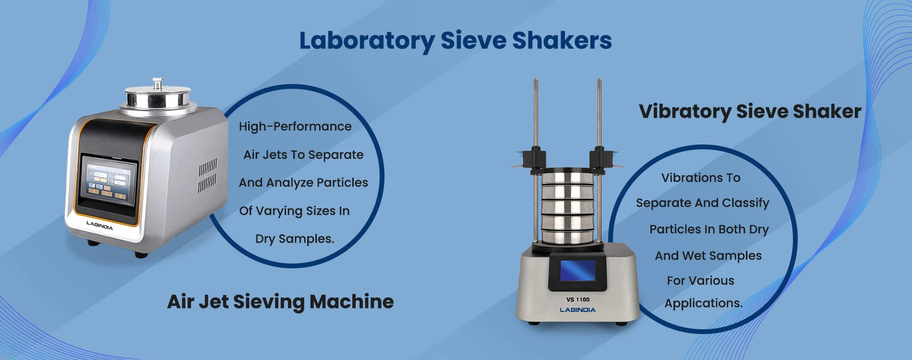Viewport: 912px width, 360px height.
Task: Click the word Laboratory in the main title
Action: click(x=367, y=41)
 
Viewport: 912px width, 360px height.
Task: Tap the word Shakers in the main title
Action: click(x=562, y=40)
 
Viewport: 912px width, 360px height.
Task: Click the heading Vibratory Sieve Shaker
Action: click(x=750, y=111)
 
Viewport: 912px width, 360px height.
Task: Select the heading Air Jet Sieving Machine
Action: click(x=280, y=302)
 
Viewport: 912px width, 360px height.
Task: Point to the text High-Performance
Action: click(x=295, y=126)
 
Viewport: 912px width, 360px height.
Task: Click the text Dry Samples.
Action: click(x=295, y=239)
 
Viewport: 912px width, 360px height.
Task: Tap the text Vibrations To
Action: click(x=701, y=178)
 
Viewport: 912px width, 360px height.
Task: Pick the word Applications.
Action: click(x=704, y=303)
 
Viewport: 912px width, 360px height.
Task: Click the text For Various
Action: click(x=700, y=280)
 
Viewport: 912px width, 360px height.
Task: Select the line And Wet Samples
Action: click(x=708, y=256)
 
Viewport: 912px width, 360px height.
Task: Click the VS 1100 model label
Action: click(x=578, y=300)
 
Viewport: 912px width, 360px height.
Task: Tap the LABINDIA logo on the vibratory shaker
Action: click(x=578, y=310)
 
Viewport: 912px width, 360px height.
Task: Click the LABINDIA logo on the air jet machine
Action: click(x=99, y=225)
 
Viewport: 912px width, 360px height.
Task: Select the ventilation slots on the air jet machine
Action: click(x=207, y=175)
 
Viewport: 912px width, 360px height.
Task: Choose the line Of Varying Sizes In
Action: click(x=294, y=211)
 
